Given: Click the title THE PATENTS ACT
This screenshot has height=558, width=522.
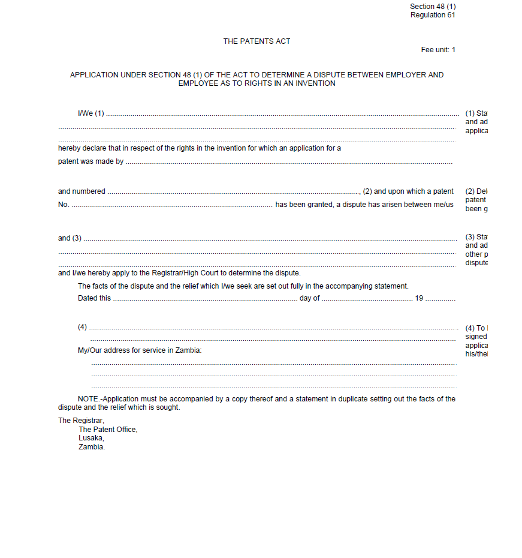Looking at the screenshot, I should point(257,41).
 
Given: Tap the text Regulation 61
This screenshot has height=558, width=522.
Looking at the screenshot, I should point(433,15).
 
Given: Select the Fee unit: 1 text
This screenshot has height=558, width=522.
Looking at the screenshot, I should point(438,50).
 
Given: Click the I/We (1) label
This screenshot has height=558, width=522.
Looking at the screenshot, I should point(90,113).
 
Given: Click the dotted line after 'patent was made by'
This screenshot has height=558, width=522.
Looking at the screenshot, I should point(288,162).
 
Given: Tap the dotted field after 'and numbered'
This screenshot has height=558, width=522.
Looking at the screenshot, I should point(234,192).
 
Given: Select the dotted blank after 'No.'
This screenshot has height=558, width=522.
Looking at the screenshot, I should point(171,206).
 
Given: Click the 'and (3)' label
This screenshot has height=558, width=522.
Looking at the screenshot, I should point(70,238).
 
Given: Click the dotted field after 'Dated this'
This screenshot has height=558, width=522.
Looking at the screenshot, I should point(205,299).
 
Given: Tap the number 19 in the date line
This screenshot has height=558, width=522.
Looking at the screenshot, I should point(419,298).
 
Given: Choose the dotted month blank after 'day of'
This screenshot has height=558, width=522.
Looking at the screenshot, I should point(367,299).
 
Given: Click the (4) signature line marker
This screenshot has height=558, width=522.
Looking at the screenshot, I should point(83,327).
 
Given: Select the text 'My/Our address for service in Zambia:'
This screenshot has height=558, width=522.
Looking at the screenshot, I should point(140,350).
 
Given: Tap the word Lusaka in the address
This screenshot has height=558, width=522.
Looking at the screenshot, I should point(91,438).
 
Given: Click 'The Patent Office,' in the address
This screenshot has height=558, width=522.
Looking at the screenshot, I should point(108,430).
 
